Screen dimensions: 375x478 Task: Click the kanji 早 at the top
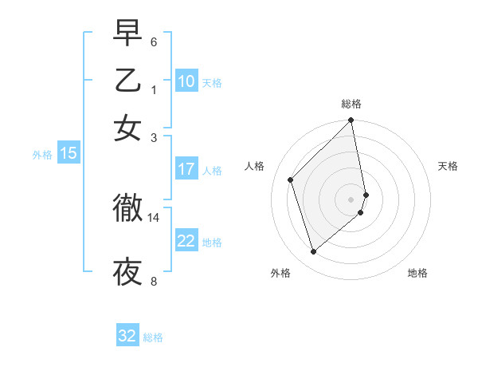click(x=127, y=34)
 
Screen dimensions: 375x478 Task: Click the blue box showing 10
click(x=186, y=81)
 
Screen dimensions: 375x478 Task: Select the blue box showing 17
click(x=186, y=169)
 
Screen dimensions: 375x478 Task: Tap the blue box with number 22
click(x=186, y=241)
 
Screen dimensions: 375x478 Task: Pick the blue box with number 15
click(x=69, y=154)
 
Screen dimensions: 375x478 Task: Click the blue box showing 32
click(x=127, y=336)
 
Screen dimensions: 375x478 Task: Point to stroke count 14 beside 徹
click(x=154, y=217)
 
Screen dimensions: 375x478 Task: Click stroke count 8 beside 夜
click(x=154, y=281)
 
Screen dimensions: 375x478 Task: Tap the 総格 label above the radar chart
click(x=351, y=104)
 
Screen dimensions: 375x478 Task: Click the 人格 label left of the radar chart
click(x=255, y=166)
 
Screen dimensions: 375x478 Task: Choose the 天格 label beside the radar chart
click(x=448, y=166)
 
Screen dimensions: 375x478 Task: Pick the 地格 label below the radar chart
click(x=417, y=273)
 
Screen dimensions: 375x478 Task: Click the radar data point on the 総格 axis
click(x=351, y=121)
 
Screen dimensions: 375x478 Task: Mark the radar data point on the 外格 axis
click(x=313, y=252)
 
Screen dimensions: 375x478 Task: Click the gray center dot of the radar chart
click(x=351, y=199)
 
